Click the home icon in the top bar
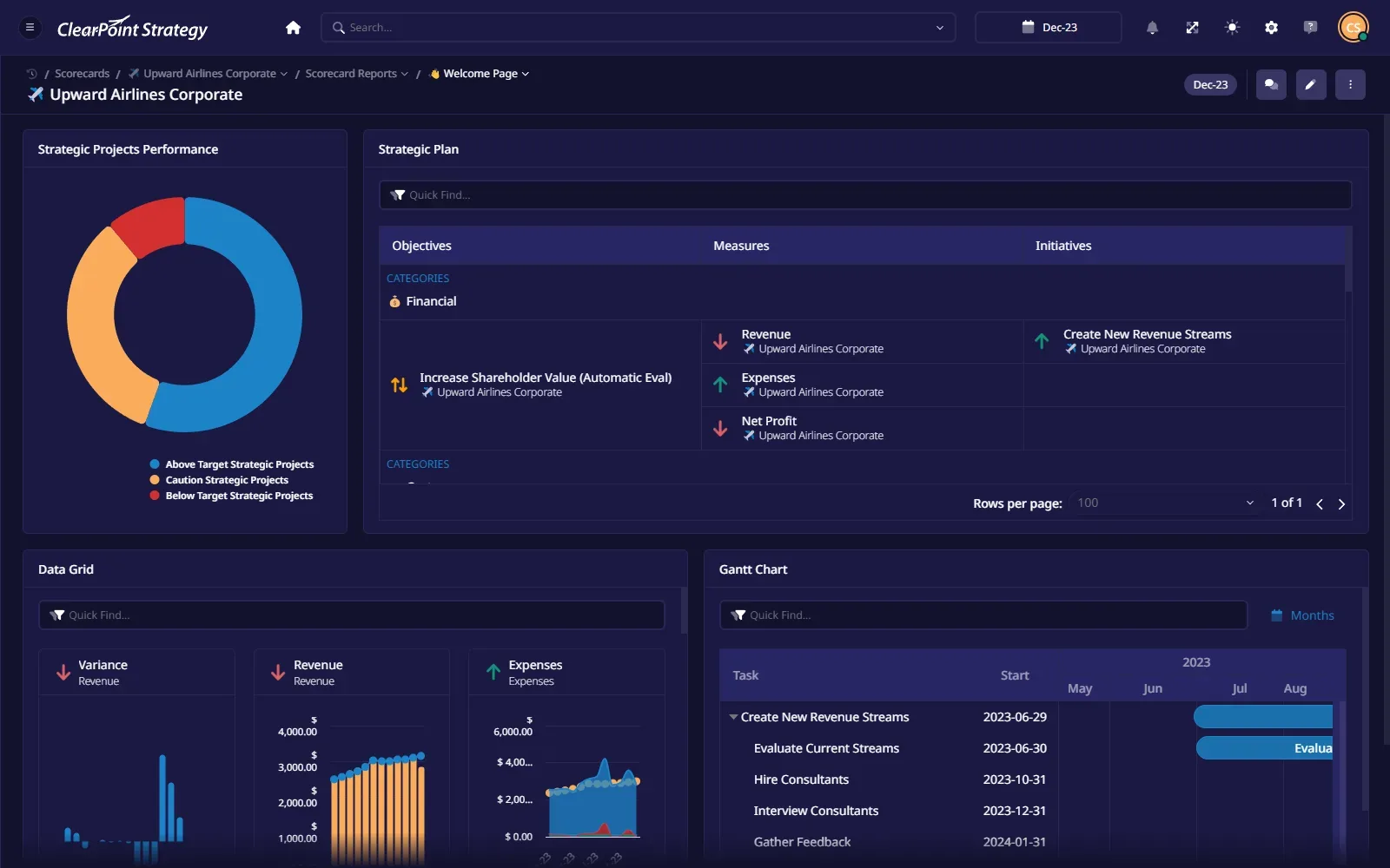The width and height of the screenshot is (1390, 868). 293,27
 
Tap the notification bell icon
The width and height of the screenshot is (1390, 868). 1152,27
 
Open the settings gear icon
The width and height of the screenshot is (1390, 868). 1271,27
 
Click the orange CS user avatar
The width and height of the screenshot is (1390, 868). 1353,27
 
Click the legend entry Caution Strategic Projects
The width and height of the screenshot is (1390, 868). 227,480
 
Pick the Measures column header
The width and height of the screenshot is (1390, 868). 741,246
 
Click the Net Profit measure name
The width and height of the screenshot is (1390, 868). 769,421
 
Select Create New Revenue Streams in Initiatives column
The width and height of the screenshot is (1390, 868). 1147,334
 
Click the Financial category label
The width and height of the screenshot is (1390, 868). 431,301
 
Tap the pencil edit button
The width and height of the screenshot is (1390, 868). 1311,85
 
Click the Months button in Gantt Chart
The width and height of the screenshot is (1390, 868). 1302,615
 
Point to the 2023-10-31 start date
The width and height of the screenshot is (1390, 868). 1015,779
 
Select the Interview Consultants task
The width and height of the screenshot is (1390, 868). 816,811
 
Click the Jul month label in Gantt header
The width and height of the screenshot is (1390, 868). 1239,688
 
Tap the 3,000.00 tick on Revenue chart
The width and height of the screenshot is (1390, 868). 297,761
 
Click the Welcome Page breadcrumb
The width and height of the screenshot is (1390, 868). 480,74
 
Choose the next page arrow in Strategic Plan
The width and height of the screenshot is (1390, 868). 1341,504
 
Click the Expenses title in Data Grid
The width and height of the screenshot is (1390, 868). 535,665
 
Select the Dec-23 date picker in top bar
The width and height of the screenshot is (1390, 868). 1048,27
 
